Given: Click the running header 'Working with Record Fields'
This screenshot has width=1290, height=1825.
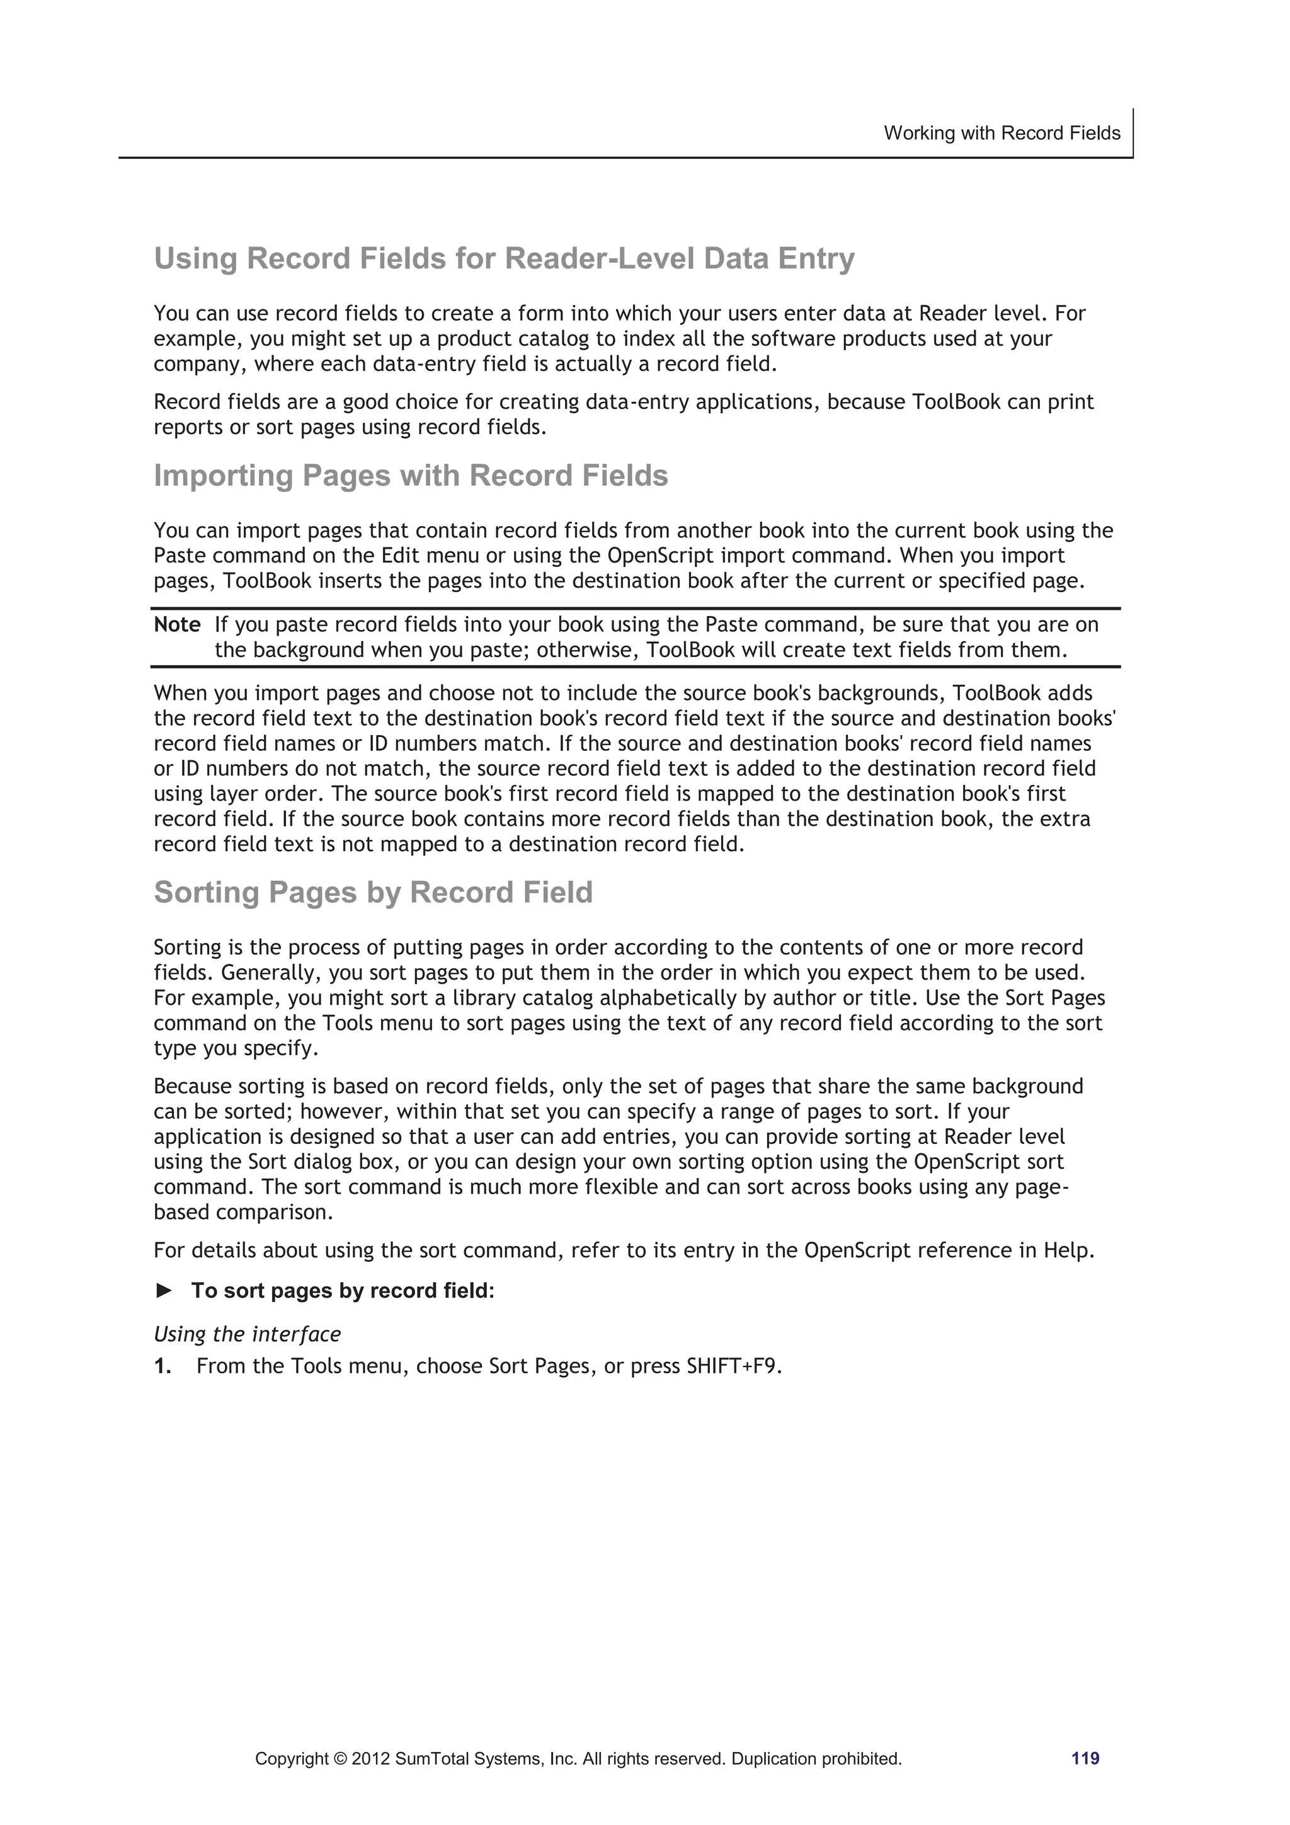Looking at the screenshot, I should (1002, 133).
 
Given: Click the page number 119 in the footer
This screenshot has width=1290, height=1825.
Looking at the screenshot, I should (1085, 1758).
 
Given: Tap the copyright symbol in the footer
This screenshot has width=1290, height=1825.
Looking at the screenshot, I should (337, 1759).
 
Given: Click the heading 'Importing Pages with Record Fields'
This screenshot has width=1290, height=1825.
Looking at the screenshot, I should (410, 476).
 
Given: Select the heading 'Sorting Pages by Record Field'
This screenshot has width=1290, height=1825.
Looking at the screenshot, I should (373, 893).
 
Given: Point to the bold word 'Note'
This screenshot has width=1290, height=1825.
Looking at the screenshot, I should (176, 625).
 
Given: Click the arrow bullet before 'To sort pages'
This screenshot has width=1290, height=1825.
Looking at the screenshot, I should (164, 1291).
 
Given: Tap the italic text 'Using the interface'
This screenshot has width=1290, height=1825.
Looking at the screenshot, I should (247, 1334).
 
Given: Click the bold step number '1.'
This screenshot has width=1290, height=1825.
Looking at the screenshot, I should (163, 1366).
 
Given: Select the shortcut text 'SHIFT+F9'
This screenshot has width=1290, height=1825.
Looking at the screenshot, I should (732, 1366).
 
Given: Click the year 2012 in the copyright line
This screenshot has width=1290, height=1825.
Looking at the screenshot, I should (370, 1759).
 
